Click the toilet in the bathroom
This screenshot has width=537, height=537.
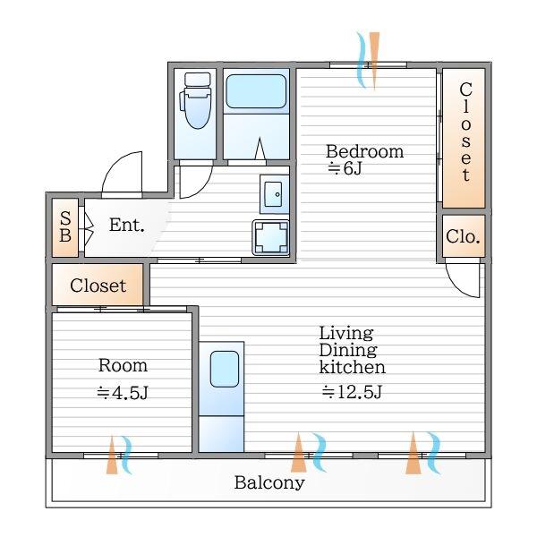(x=196, y=100)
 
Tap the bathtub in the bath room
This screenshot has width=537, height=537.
(x=256, y=91)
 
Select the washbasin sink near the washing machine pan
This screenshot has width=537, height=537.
(x=274, y=194)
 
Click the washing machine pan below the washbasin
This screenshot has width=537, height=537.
(x=270, y=237)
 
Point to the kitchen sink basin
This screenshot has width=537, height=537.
(x=225, y=369)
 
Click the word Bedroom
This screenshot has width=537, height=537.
(x=365, y=151)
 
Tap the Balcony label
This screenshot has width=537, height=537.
(x=269, y=483)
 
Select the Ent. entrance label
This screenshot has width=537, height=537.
(x=127, y=225)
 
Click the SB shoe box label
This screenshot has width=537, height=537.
(x=65, y=226)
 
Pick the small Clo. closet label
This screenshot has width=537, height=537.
(x=463, y=236)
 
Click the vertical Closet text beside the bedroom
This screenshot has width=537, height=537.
(x=465, y=132)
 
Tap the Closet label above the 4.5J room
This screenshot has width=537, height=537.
(x=98, y=286)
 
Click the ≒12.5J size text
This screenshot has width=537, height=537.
(x=352, y=392)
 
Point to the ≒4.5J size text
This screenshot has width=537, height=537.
(x=123, y=393)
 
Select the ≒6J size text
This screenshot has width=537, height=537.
(x=345, y=168)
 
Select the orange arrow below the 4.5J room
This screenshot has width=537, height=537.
(x=112, y=456)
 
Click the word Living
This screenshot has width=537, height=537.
(x=346, y=333)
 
